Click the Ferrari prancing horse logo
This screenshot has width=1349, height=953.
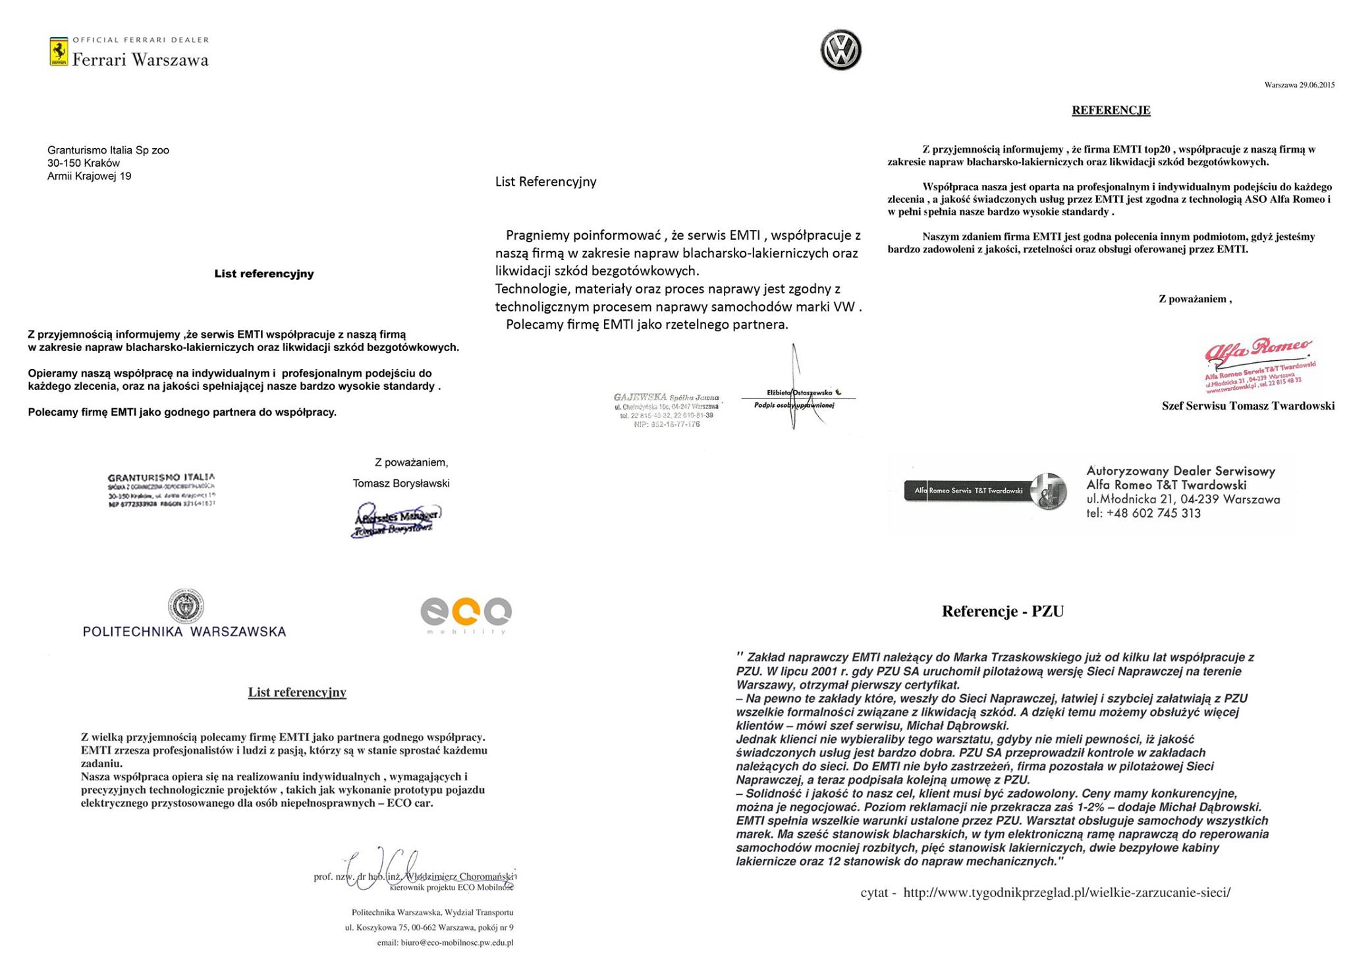tap(59, 52)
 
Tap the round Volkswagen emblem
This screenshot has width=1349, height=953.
tap(840, 50)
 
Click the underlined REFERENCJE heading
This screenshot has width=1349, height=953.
tap(1111, 110)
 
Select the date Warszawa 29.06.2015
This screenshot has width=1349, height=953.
tap(1299, 85)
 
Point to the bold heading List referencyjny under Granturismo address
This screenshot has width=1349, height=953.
tap(263, 274)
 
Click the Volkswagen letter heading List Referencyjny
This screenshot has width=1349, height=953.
tap(545, 182)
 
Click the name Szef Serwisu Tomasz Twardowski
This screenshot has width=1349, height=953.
tap(1248, 406)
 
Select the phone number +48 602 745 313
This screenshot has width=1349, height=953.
tap(1153, 514)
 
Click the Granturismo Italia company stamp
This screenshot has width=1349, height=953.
tap(161, 490)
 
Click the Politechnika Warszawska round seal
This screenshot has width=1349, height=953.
tap(185, 606)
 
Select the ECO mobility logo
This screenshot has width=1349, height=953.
tap(466, 614)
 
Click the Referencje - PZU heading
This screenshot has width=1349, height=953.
tap(1003, 611)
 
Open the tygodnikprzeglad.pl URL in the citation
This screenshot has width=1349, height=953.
tap(1066, 892)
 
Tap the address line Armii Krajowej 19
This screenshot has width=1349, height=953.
tap(89, 176)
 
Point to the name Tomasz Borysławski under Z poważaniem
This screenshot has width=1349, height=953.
tap(400, 483)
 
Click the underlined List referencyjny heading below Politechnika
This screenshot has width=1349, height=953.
tap(297, 692)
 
